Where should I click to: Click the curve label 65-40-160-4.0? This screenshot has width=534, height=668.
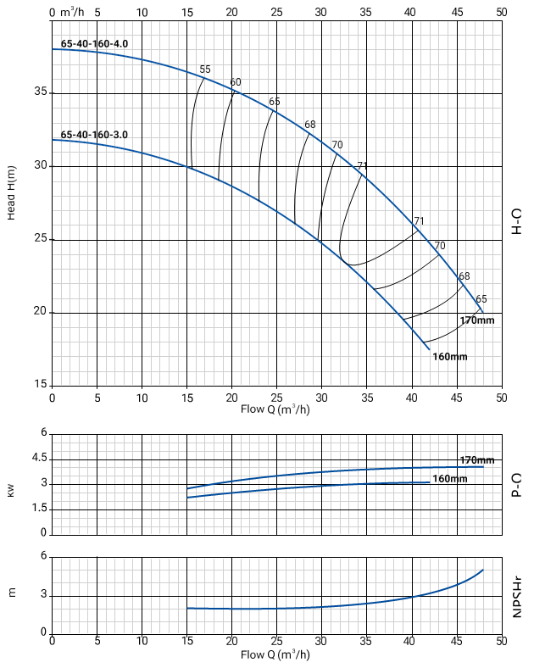94,43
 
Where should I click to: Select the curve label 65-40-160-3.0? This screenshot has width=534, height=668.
94,135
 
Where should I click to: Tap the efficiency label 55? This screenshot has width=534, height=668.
204,69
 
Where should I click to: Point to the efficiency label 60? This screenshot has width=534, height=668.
236,82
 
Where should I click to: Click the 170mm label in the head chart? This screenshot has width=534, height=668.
477,320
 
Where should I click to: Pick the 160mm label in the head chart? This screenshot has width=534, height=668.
449,357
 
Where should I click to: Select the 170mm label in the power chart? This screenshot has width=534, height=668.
477,459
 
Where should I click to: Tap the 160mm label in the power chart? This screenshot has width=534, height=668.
450,479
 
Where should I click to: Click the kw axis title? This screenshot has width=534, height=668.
12,490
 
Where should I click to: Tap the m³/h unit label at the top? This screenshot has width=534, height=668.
75,13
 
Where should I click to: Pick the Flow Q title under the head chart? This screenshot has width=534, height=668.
275,410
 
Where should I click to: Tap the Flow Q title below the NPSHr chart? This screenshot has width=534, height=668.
275,654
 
